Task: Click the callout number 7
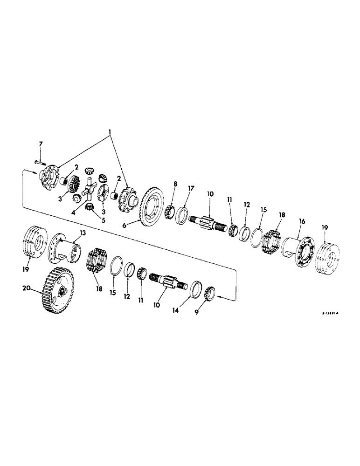click(x=40, y=144)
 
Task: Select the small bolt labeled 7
click(x=39, y=161)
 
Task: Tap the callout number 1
click(x=111, y=132)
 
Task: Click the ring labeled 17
click(x=183, y=215)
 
